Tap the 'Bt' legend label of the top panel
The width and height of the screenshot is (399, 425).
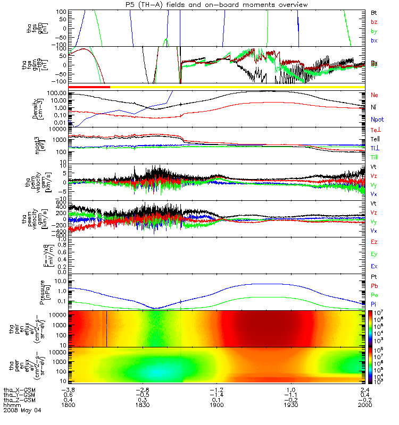point(373,12)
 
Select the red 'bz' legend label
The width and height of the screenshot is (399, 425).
point(373,21)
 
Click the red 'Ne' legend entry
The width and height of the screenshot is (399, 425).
point(374,95)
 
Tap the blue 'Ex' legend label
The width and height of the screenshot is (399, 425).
point(373,266)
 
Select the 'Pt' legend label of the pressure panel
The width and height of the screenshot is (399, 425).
point(373,278)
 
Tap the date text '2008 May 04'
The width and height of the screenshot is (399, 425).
point(22,410)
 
